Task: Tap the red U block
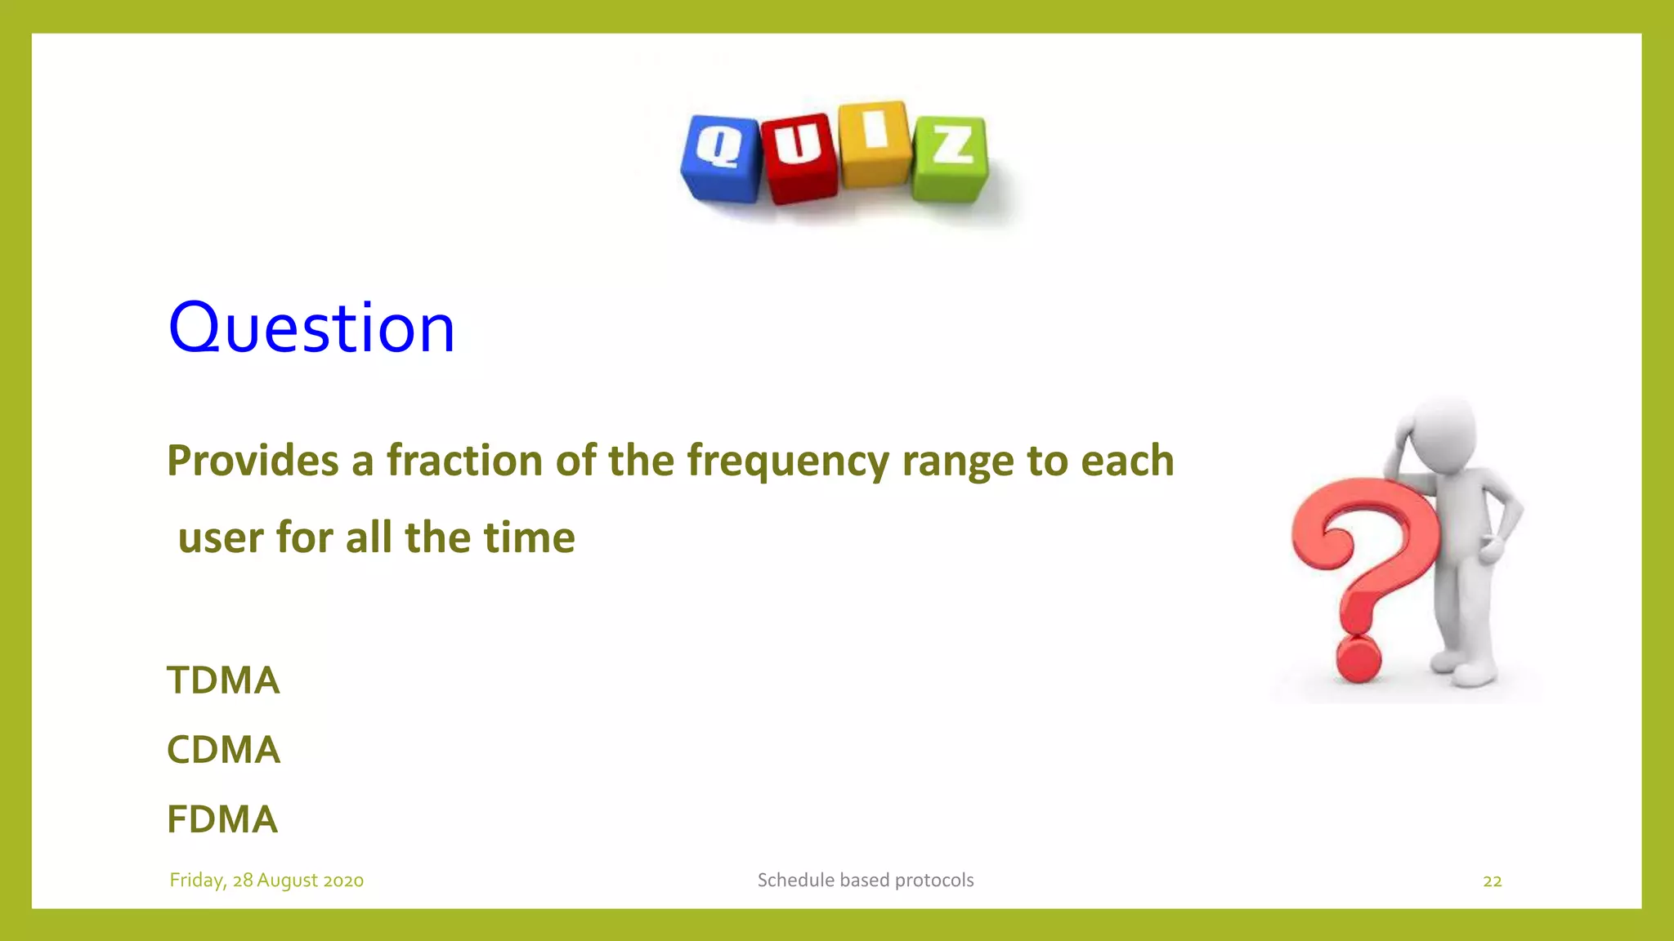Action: tap(799, 157)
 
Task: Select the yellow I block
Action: tap(874, 144)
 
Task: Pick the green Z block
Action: tap(951, 158)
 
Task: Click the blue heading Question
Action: tap(311, 328)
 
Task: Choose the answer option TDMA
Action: tap(223, 680)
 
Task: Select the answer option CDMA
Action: tap(223, 750)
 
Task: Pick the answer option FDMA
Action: tap(222, 819)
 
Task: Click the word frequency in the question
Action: tap(787, 462)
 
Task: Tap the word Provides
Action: tap(253, 460)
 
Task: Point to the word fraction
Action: tap(464, 460)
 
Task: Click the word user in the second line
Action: tap(221, 538)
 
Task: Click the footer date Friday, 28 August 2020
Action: tap(266, 881)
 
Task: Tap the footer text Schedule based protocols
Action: tap(866, 881)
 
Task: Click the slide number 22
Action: tap(1492, 881)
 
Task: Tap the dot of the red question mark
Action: tap(1358, 659)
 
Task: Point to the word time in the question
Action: tap(530, 538)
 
